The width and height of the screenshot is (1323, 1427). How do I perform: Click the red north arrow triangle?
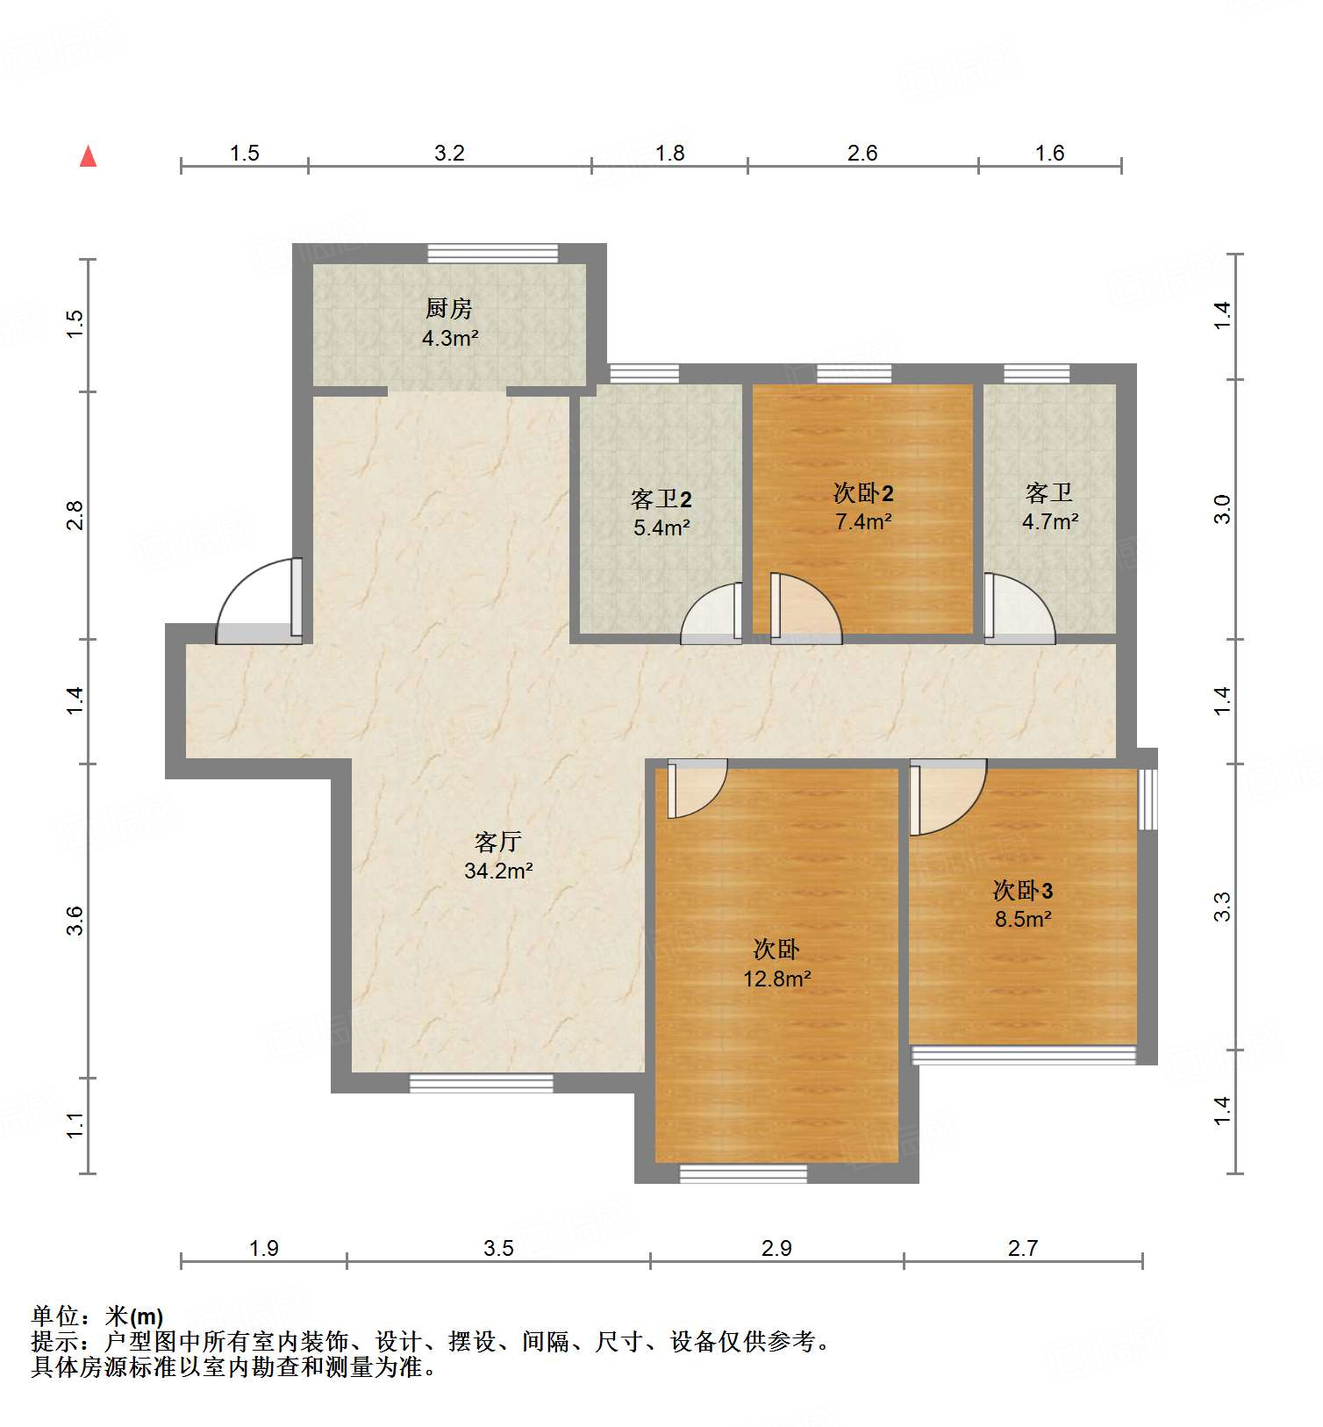(88, 156)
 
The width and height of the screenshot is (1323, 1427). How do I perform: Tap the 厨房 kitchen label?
(448, 308)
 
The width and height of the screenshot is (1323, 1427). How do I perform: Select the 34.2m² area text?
(498, 871)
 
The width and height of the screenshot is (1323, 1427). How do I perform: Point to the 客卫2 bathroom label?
(661, 499)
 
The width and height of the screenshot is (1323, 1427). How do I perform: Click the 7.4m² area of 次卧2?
(863, 522)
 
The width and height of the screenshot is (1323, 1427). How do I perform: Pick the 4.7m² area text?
(1049, 522)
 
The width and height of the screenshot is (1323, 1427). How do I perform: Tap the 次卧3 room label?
(1022, 891)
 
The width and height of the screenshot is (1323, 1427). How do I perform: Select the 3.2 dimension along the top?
(449, 154)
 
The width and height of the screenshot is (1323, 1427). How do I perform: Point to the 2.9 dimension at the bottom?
(776, 1248)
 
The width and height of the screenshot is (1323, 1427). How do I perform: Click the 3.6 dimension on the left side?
(75, 921)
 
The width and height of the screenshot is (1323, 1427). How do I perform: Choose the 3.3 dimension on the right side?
(1222, 907)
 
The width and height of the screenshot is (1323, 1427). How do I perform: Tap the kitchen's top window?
(492, 253)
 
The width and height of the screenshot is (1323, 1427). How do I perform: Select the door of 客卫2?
(712, 613)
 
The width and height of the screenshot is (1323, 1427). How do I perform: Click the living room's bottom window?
(481, 1083)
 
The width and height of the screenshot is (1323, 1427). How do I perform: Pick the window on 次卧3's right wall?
(1148, 799)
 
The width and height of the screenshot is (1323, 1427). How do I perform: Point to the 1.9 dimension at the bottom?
(263, 1248)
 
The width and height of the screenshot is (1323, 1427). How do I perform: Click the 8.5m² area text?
(1022, 920)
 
